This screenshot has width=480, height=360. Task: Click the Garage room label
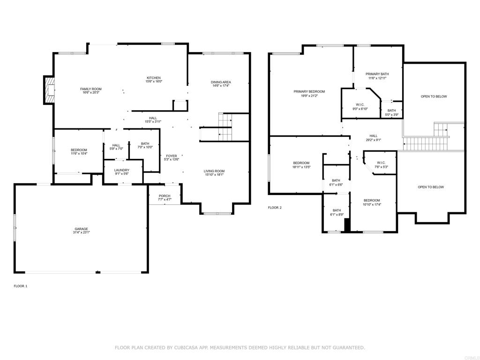(x=81, y=228)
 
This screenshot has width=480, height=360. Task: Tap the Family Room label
(x=90, y=89)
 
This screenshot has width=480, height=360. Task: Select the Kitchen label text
(x=154, y=78)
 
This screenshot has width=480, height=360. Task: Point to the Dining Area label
(x=221, y=82)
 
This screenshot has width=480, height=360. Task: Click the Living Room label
(x=214, y=171)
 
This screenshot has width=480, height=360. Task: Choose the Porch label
(x=165, y=196)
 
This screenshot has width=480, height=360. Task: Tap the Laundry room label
(x=121, y=170)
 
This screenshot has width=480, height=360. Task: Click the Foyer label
(x=172, y=156)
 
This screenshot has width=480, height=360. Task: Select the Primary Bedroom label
(x=309, y=91)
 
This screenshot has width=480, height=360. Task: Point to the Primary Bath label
(x=377, y=74)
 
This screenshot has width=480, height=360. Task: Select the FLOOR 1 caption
(x=21, y=286)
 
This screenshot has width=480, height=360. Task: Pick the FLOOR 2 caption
(x=275, y=208)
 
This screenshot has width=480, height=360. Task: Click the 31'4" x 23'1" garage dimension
(x=81, y=232)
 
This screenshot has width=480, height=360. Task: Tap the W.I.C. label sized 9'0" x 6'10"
(x=360, y=105)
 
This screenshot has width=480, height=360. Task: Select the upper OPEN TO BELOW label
(x=434, y=97)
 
